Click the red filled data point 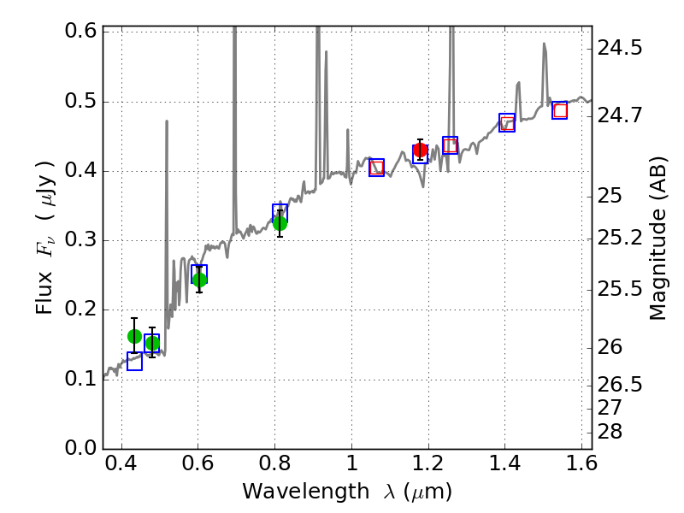420,150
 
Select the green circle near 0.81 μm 280,224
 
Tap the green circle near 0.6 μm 199,280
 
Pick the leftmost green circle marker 134,336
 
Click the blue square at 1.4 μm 507,123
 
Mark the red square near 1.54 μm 560,110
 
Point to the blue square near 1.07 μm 376,168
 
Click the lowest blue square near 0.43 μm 134,362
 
